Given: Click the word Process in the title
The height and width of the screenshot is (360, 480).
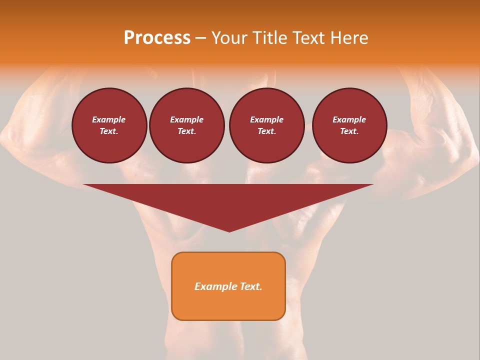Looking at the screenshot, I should (x=157, y=38).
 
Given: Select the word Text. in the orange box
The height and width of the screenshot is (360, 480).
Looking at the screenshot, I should (x=249, y=286).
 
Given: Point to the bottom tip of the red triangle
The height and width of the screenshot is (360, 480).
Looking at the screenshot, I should (x=229, y=230).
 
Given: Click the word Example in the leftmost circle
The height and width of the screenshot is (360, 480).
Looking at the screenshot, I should (x=109, y=119).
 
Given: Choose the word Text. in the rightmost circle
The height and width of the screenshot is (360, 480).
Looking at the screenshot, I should (x=349, y=131).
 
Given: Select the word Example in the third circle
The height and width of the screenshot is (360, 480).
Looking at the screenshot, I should (x=266, y=119).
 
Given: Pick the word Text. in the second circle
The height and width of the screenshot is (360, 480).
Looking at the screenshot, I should (x=186, y=131).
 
